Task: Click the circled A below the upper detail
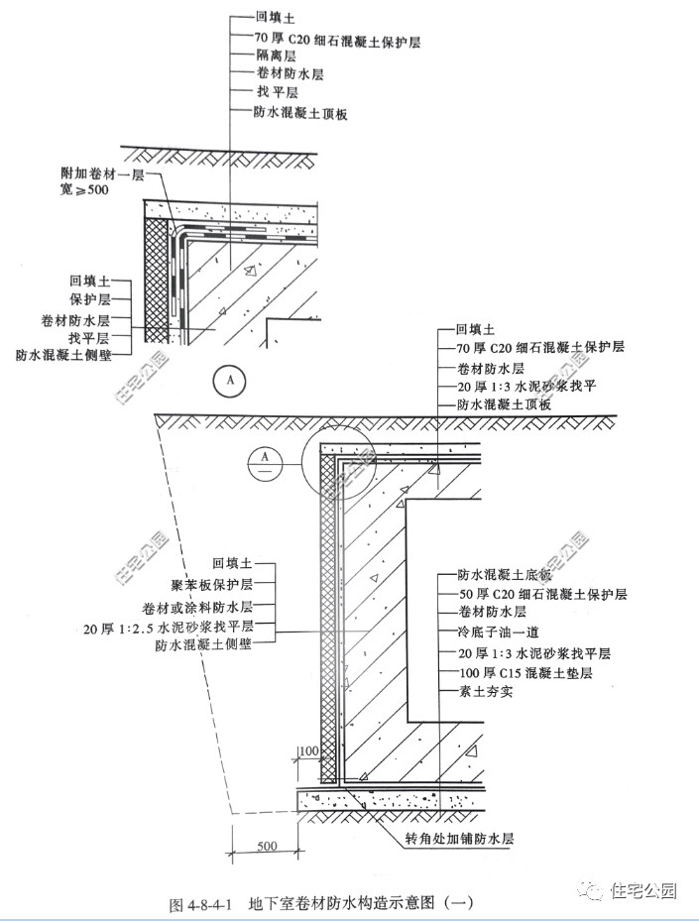click(x=230, y=379)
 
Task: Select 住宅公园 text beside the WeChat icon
click(x=642, y=890)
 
